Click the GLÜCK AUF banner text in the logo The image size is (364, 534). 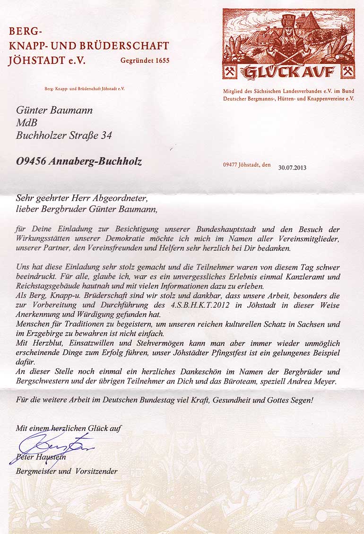[288, 71]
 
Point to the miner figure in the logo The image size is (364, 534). [288, 38]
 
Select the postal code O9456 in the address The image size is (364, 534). [32, 161]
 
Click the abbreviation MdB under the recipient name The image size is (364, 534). [26, 123]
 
